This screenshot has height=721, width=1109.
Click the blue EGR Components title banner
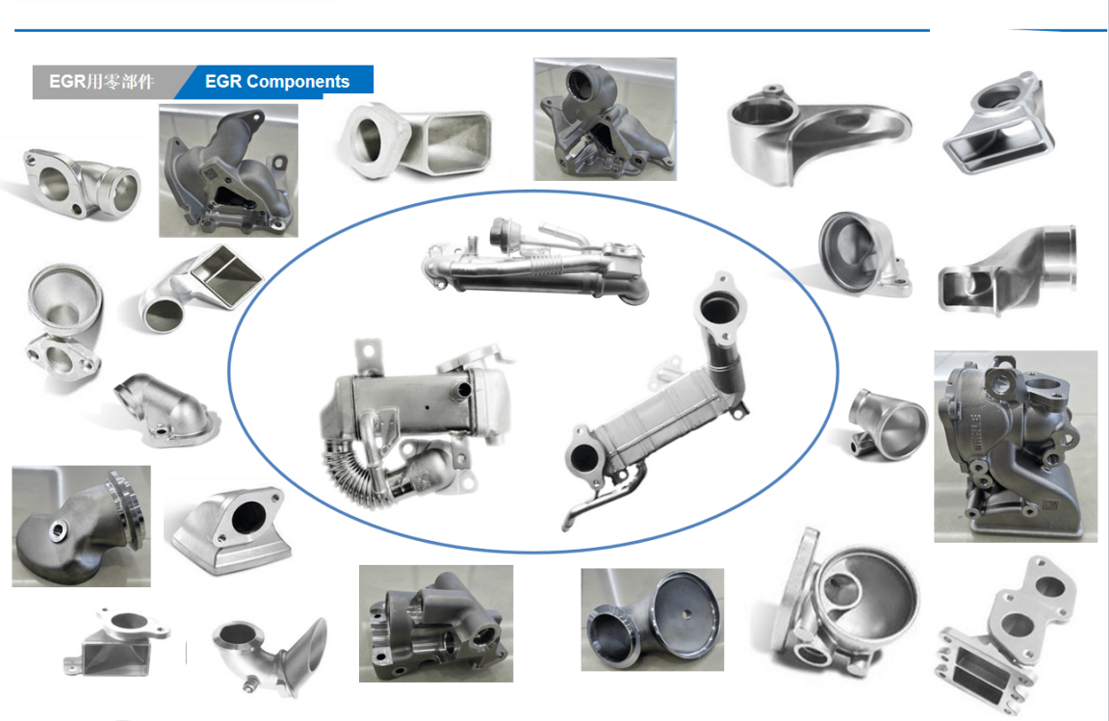(x=276, y=82)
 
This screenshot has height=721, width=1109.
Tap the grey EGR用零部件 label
(x=103, y=82)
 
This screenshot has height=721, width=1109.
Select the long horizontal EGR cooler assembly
(x=534, y=263)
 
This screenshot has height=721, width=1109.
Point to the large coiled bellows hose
(x=347, y=467)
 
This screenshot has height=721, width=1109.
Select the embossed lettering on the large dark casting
(x=977, y=432)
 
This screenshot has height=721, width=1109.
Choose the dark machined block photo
(x=436, y=624)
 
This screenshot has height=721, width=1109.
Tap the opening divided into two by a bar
(x=226, y=275)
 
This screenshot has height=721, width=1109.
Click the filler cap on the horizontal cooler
(x=503, y=231)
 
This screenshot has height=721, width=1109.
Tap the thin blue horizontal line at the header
(x=472, y=31)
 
